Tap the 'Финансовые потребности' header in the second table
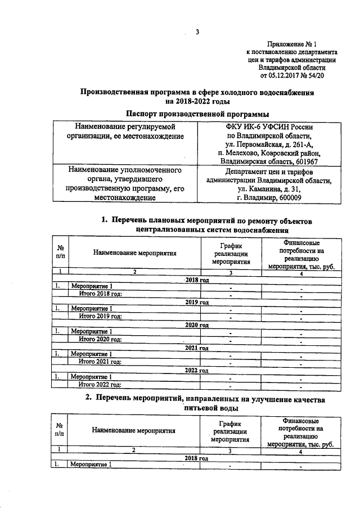301,431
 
